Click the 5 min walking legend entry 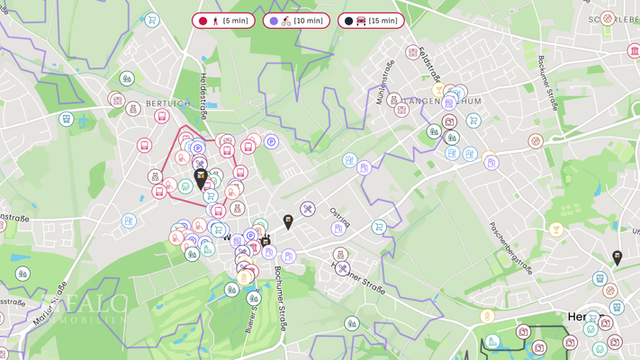pyautogui.click(x=224, y=21)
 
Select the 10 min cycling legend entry pyautogui.click(x=296, y=21)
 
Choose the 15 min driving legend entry pyautogui.click(x=371, y=21)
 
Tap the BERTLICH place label pyautogui.click(x=168, y=103)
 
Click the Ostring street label pyautogui.click(x=340, y=219)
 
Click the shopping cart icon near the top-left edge pyautogui.click(x=152, y=20)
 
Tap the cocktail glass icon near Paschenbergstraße pyautogui.click(x=556, y=230)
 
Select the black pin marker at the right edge pyautogui.click(x=617, y=258)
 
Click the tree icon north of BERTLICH pyautogui.click(x=127, y=79)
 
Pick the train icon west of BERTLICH pyautogui.click(x=67, y=119)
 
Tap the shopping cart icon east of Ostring pyautogui.click(x=379, y=227)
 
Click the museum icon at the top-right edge pyautogui.click(x=634, y=51)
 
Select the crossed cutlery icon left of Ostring pyautogui.click(x=308, y=210)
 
